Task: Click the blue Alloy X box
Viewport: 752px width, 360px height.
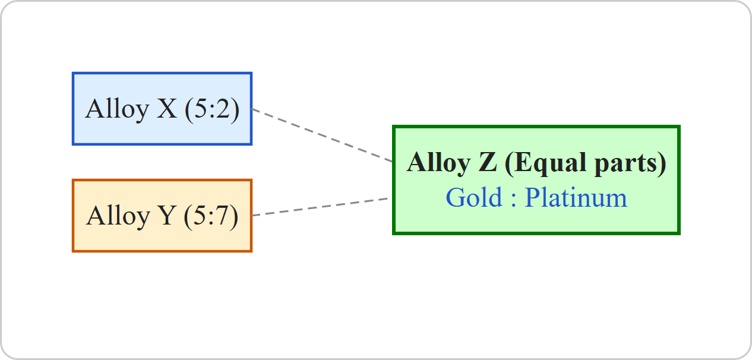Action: tap(162, 109)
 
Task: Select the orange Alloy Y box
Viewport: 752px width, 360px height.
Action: tap(162, 216)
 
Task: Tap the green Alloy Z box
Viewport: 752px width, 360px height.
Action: tap(536, 180)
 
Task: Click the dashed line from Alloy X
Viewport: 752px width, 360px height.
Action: tap(322, 135)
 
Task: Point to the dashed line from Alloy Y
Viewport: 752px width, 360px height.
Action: tap(320, 207)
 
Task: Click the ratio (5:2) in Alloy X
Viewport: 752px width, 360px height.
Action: tap(212, 109)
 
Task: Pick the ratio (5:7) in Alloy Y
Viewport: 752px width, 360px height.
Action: tap(211, 216)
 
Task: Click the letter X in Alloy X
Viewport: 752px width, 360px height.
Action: tap(166, 109)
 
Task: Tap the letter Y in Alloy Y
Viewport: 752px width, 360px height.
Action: tap(166, 215)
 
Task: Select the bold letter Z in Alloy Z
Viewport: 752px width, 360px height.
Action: tap(488, 162)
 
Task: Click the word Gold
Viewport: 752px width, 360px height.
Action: tap(473, 197)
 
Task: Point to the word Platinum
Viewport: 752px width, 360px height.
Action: tap(576, 197)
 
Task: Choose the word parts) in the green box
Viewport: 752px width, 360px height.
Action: tap(630, 163)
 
